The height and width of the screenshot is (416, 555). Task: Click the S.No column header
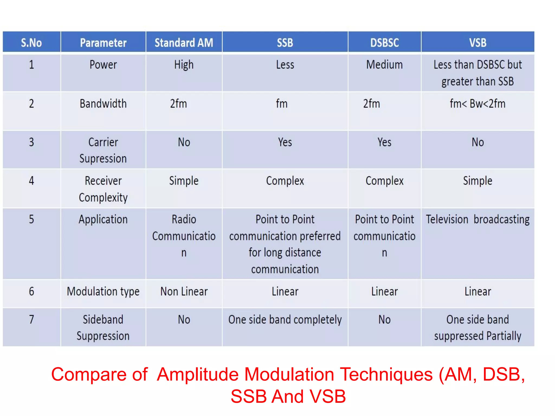[31, 43]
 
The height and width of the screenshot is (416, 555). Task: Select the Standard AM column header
[184, 43]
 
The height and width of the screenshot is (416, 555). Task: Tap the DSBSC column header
[384, 43]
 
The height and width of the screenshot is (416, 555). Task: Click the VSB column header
[477, 43]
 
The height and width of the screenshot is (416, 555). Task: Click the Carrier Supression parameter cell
[103, 150]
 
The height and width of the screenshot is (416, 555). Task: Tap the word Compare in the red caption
[89, 375]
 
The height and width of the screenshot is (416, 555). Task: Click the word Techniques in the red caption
[386, 375]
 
